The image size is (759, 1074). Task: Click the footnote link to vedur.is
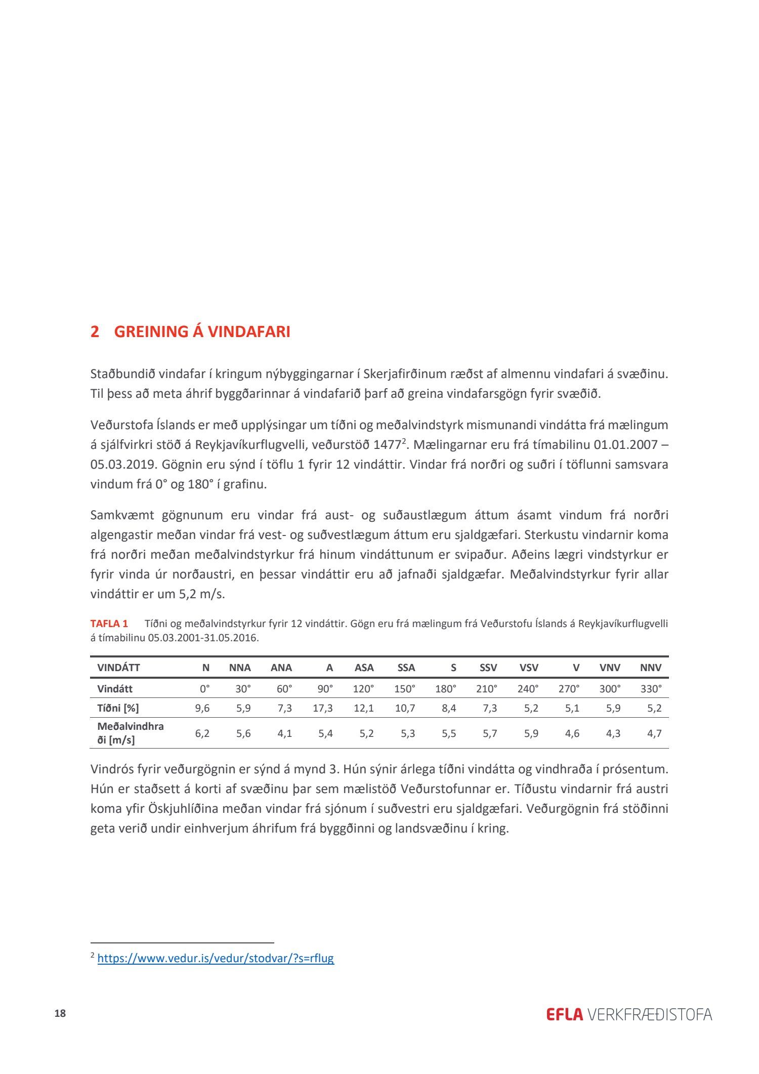[216, 958]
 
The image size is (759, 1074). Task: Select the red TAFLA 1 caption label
[109, 624]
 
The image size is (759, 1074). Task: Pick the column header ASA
[364, 668]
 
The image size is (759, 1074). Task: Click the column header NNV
[650, 668]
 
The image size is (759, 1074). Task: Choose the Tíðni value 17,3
[322, 708]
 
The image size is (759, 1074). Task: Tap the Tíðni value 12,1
[364, 708]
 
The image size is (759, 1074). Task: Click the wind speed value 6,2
[202, 733]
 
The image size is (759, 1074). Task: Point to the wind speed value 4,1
[284, 733]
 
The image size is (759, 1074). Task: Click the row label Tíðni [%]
[118, 708]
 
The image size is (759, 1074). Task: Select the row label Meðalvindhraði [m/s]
[130, 733]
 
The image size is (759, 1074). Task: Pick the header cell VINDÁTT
[118, 668]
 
